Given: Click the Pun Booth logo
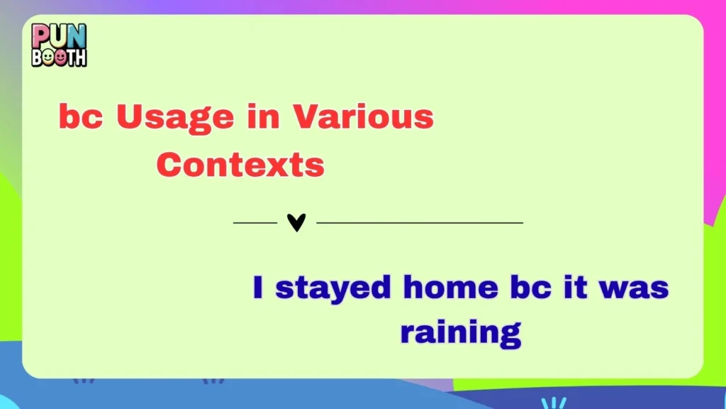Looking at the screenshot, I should point(59,44).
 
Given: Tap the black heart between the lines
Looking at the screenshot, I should point(296,223).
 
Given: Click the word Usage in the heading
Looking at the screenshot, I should point(174,117).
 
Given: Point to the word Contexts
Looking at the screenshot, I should point(240,165).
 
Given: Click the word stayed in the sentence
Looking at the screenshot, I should point(333,289).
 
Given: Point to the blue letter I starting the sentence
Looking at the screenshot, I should point(259,288).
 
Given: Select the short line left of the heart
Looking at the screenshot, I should point(255,223).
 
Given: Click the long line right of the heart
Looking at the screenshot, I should point(420,223).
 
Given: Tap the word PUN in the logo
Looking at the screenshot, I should point(58,34).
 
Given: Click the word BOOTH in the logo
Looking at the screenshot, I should point(59,55).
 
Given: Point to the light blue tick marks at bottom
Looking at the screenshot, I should point(554,403).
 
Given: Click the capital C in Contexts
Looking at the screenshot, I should point(170,165).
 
